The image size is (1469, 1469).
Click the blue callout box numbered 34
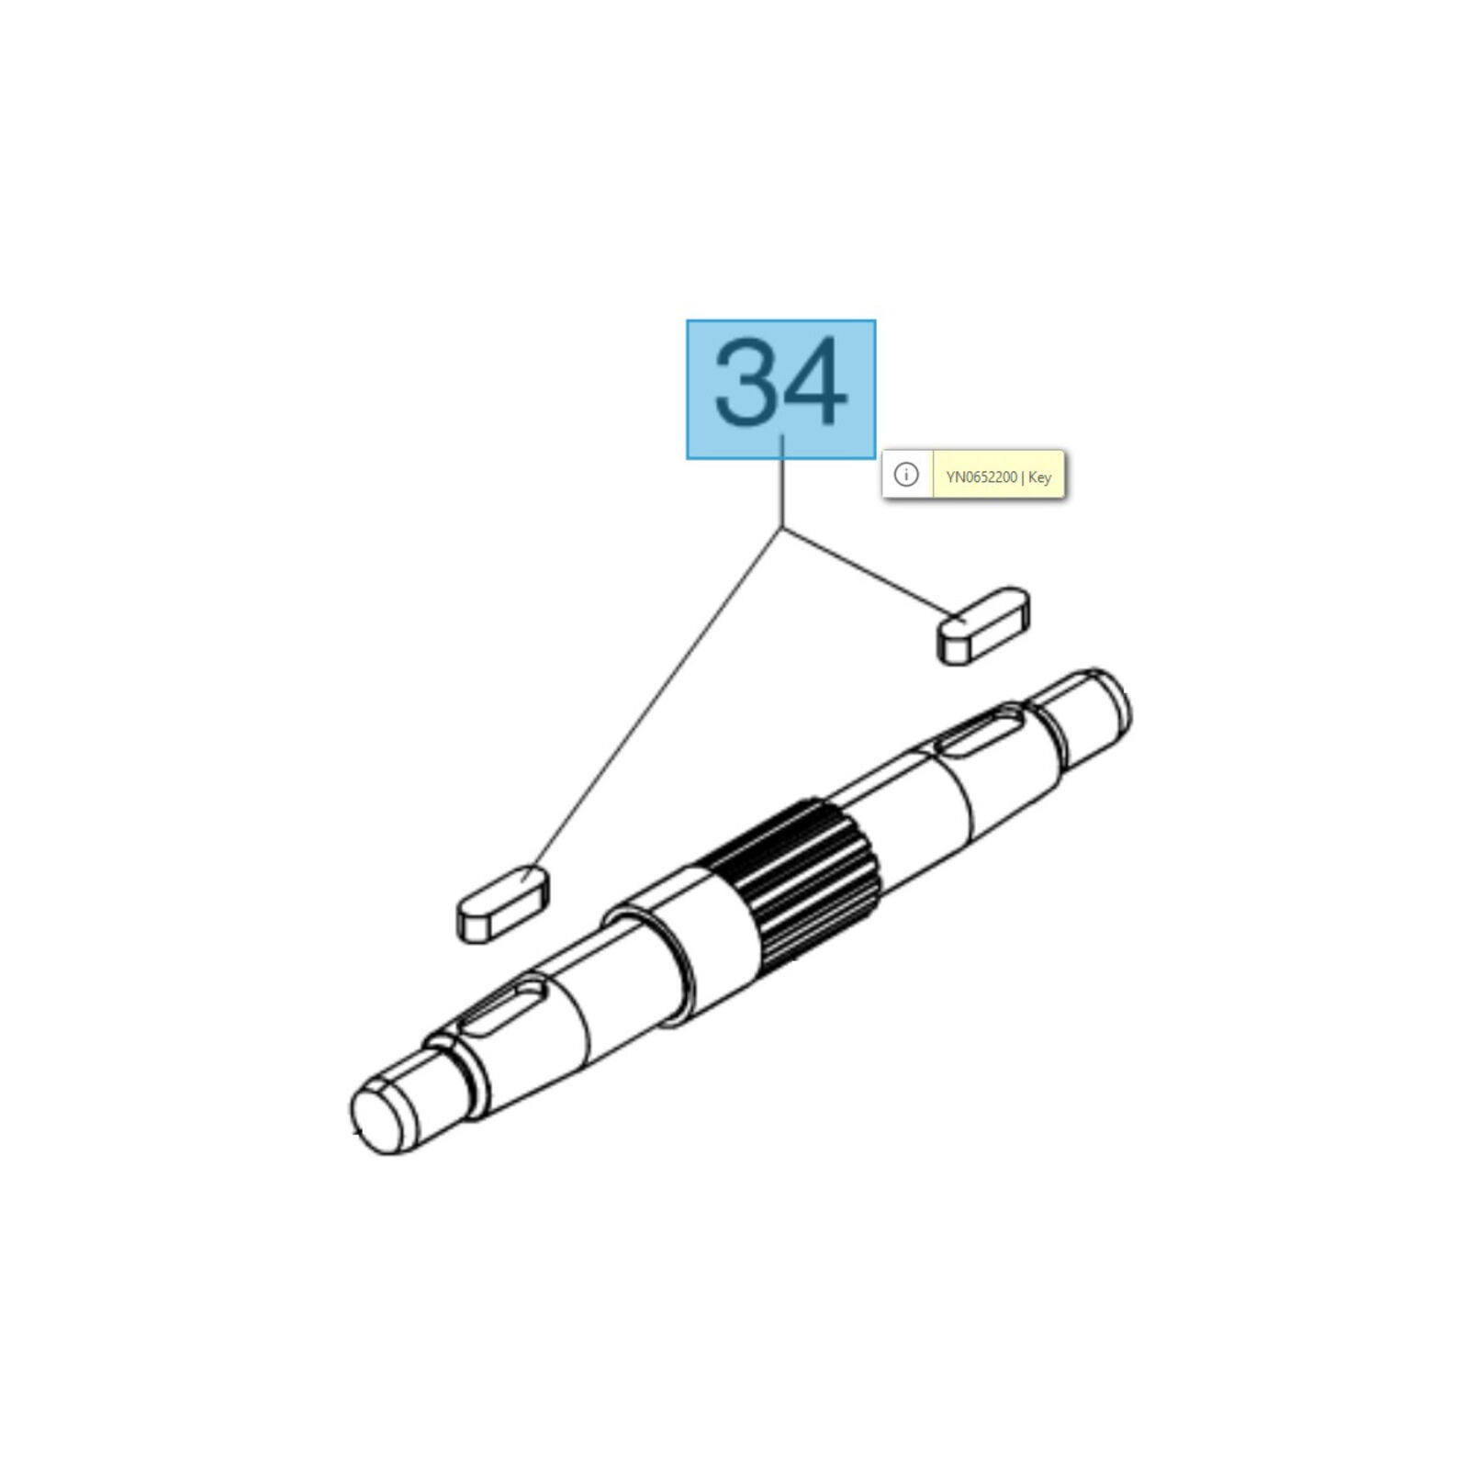(x=780, y=389)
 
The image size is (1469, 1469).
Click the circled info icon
(x=906, y=475)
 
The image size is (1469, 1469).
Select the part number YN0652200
(x=981, y=477)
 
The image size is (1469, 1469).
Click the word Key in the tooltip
(x=1039, y=477)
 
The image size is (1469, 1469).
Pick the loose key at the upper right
(x=983, y=625)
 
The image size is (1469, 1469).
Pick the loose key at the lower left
(x=502, y=903)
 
